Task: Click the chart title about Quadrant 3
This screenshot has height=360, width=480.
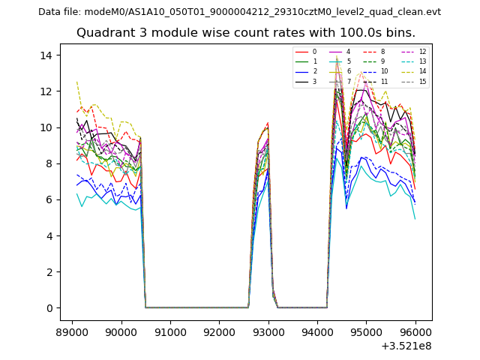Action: coord(245,33)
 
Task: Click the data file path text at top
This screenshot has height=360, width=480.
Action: coord(239,12)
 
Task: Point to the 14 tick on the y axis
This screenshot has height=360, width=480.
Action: coord(46,55)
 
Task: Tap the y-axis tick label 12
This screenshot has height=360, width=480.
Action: coord(46,91)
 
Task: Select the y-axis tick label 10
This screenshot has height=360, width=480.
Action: coord(46,127)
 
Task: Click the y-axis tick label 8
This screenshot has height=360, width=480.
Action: coord(49,163)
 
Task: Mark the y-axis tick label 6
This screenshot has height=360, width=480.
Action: coord(49,199)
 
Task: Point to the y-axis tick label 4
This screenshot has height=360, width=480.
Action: coord(49,235)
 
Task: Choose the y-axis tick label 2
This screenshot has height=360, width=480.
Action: coord(49,271)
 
